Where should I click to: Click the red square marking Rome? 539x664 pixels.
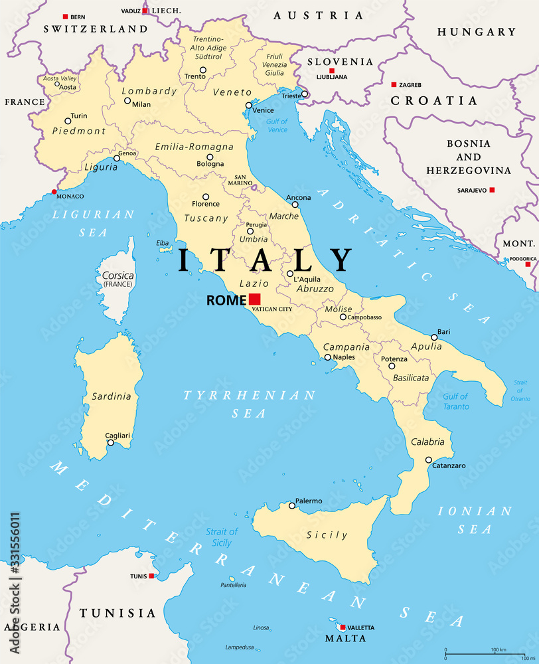point(255,299)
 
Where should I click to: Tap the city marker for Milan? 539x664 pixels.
point(127,101)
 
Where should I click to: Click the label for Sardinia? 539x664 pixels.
point(111,396)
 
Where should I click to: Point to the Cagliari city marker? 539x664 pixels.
point(110,443)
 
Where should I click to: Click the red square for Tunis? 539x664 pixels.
point(152,576)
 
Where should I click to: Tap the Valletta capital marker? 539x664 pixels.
point(343,627)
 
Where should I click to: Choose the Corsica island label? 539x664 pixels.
point(117,275)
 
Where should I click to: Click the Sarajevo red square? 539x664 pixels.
point(492,190)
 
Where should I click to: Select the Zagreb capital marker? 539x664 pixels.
point(394,84)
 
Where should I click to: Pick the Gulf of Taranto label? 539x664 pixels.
point(455,401)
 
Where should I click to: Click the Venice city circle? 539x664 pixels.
point(249,105)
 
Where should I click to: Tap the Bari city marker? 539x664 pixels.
point(434,337)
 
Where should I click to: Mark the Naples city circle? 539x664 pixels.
point(328,358)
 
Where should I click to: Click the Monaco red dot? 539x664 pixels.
point(54,192)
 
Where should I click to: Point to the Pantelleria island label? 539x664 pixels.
point(233,585)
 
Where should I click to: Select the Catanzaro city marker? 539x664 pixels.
point(429,459)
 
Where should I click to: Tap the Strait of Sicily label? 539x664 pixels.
point(221,537)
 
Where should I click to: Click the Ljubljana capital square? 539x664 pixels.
point(332,70)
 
